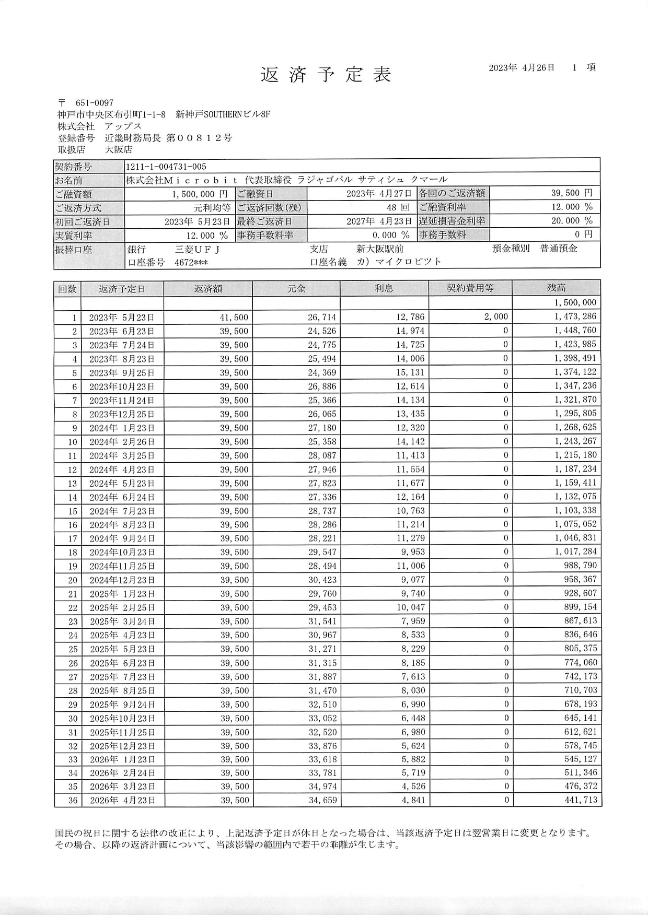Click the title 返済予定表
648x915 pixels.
coord(326,75)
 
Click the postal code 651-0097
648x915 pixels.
coord(94,103)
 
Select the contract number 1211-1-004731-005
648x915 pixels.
coord(166,167)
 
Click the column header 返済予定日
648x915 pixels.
coord(122,289)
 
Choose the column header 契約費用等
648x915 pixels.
coord(470,288)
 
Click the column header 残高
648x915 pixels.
coord(556,288)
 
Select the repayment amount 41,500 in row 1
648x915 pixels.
coord(234,317)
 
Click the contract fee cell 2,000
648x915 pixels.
coord(496,316)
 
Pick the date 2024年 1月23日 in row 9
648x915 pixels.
coord(122,428)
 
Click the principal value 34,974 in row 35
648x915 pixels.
coord(322,787)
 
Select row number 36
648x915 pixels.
coord(73,801)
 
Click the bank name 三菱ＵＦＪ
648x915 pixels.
coord(197,250)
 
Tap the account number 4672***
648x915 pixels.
coord(191,262)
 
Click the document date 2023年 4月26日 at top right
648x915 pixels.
coord(521,68)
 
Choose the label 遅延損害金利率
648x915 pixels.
coord(452,221)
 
